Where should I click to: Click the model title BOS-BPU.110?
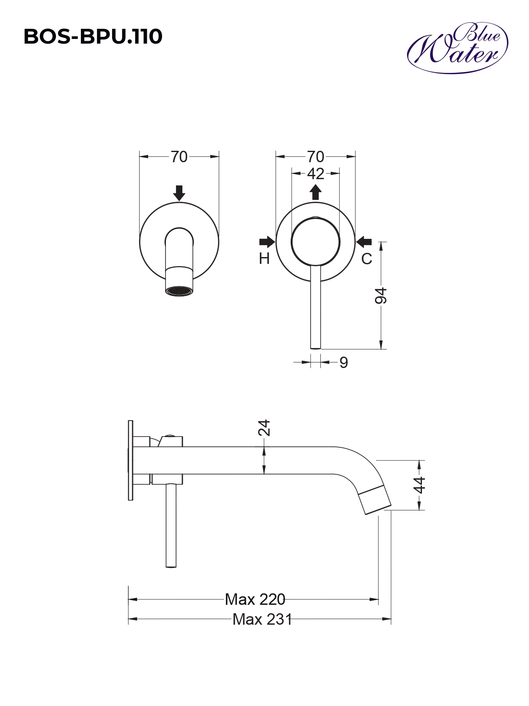coord(93,37)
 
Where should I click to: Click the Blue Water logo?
coord(457,48)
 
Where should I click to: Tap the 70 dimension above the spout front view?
coord(179,157)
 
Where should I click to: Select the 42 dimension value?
coord(316,174)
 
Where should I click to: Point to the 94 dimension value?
coord(381,296)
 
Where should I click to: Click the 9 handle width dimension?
coord(344,363)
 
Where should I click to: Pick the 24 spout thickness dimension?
coord(264,428)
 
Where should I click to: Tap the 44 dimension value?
coord(419,486)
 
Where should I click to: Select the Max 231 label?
coord(262,619)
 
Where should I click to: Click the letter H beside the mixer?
coord(264,259)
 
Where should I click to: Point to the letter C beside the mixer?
coord(366,259)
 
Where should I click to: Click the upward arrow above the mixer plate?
coord(316,192)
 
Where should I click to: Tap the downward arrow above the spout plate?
coord(179,193)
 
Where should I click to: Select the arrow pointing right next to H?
coord(267,241)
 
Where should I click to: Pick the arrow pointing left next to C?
coord(364,241)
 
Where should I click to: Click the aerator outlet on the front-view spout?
coord(179,291)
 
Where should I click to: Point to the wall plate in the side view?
coord(130,460)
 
